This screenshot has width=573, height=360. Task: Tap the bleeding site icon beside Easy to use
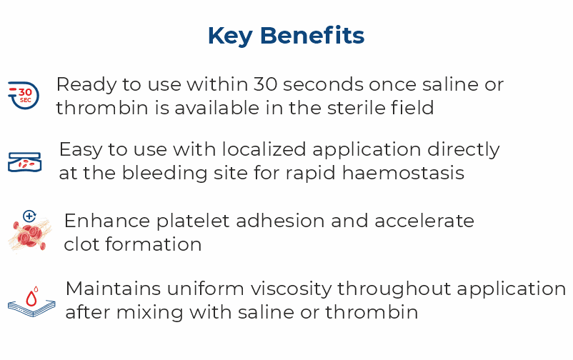coord(24,162)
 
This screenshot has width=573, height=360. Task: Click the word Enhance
coord(99,220)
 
